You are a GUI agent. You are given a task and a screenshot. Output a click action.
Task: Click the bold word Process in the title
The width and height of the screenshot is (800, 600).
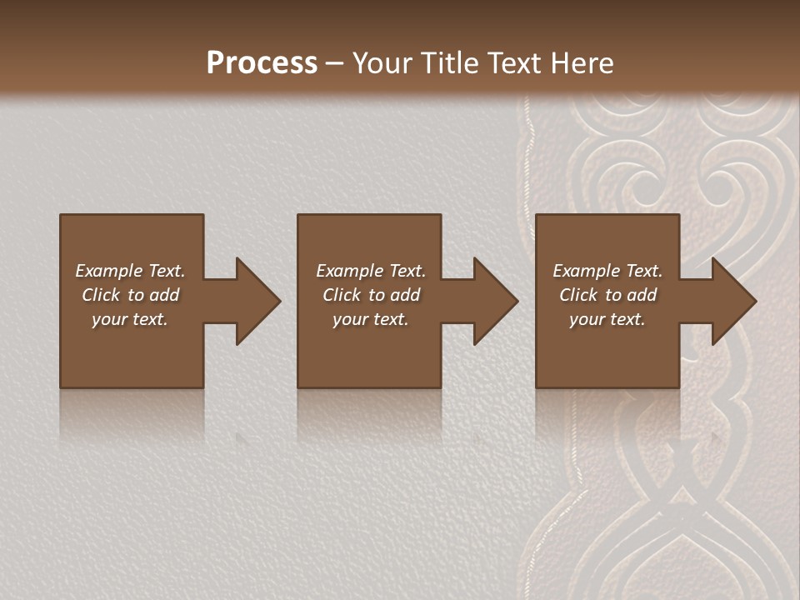point(262,63)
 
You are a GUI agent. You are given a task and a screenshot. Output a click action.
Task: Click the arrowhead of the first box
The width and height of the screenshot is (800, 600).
point(257,301)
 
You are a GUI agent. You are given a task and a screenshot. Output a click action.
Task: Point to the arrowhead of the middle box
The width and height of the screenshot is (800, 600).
point(495,301)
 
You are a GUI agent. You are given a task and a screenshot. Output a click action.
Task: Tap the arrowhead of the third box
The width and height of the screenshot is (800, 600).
point(733,301)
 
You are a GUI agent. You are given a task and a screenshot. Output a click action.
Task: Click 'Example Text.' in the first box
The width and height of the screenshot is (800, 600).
point(130,271)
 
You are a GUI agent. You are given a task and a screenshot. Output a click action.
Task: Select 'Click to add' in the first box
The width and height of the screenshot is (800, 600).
point(130,295)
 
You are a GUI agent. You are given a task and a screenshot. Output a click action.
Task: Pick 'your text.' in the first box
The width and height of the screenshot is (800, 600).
point(130,319)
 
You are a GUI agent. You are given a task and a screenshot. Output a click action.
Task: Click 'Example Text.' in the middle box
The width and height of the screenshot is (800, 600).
point(371,271)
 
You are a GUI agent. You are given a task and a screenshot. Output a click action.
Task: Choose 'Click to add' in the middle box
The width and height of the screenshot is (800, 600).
point(371,295)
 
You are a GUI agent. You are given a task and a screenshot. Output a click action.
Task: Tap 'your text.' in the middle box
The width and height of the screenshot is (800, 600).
point(371,319)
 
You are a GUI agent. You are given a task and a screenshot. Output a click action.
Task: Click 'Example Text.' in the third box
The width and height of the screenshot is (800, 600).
point(607,271)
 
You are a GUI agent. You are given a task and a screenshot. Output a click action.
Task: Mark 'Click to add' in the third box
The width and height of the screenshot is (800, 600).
point(607,295)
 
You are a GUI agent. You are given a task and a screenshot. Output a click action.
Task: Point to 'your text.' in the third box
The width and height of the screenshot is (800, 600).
point(607,319)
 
